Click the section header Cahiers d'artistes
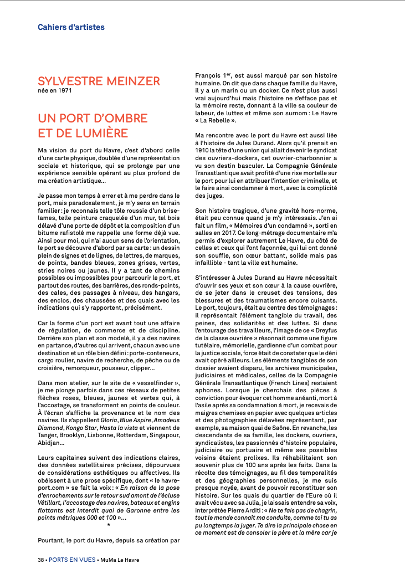pos(71,27)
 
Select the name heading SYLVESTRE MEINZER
pos(99,82)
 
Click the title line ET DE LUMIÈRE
pos(83,133)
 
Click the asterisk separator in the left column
pos(109,524)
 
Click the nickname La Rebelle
pos(219,120)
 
